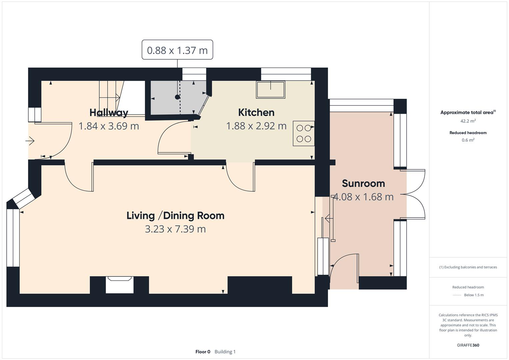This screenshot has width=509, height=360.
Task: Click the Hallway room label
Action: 109,113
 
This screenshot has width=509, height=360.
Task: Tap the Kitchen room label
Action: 256,112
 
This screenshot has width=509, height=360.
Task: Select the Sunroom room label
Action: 363,183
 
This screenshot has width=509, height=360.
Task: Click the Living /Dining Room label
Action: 175,216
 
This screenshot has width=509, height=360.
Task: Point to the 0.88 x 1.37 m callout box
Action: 177,50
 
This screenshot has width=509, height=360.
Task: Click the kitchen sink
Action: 270,90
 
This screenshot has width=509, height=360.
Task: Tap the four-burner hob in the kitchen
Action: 304,133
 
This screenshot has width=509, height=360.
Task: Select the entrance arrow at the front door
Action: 30,141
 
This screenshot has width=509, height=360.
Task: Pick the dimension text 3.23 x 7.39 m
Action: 175,229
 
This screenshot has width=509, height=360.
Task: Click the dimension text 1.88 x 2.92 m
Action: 256,126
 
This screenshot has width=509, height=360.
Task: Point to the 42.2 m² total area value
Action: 468,121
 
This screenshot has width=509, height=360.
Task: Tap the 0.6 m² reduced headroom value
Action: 468,140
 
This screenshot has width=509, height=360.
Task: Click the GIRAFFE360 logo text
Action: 468,345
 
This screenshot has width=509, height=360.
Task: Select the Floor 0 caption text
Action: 203,352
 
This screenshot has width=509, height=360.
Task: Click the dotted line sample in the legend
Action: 457,295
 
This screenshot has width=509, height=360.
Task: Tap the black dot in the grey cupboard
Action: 177,97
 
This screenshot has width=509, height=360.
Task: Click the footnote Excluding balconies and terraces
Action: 468,267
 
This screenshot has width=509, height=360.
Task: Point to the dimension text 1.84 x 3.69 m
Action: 109,126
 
